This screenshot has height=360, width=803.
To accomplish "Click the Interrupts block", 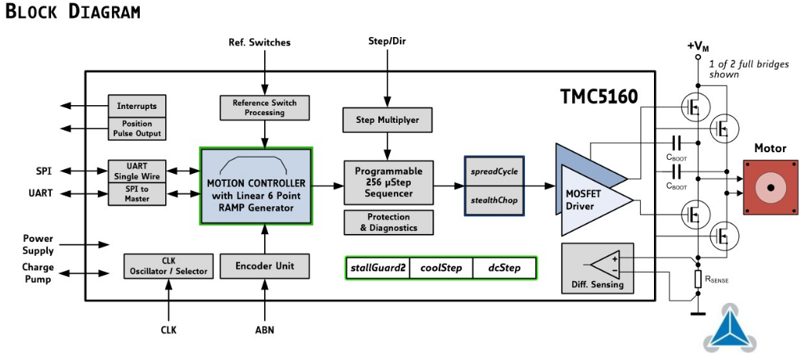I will (x=137, y=106).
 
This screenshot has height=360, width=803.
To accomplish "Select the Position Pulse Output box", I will (x=137, y=128).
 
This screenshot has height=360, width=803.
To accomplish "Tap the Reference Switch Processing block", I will (x=264, y=107).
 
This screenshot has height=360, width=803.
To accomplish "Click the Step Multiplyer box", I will (x=387, y=120).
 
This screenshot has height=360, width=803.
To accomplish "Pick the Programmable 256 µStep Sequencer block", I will (x=388, y=182).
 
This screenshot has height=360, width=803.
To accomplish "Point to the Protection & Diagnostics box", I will (x=388, y=222).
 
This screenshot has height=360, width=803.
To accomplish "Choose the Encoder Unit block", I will (x=264, y=266).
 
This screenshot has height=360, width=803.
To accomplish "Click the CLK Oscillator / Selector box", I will (x=169, y=266).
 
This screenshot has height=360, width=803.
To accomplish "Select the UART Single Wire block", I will (x=137, y=171).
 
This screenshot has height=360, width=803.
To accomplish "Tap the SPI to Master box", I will (x=137, y=193).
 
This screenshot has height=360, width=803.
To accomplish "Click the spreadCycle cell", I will (x=494, y=171).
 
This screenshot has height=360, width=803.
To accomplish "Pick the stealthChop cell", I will (x=494, y=200).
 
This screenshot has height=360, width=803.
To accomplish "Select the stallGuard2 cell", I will (x=378, y=268).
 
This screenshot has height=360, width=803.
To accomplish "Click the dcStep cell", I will (x=504, y=268).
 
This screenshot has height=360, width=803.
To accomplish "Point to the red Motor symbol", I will (x=770, y=187).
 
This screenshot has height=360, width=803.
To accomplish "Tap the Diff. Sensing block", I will (x=597, y=268).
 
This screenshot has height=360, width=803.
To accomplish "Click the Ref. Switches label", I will (x=260, y=42).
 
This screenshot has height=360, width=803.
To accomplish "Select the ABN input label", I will (x=264, y=330).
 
